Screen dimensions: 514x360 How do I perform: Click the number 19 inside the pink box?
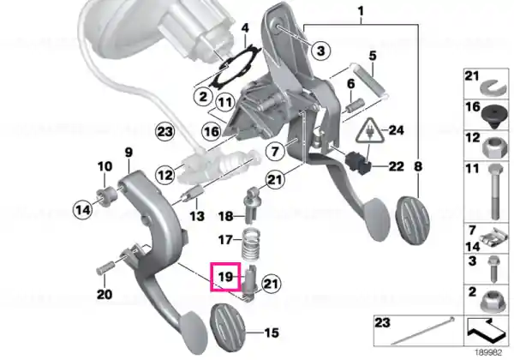click(x=225, y=277)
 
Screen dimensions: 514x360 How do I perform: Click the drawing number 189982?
click(x=488, y=353)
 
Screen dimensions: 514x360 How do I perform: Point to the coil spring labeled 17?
click(x=251, y=243)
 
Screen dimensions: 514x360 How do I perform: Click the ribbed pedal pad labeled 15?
click(x=227, y=328)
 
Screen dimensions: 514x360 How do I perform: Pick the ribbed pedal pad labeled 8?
click(x=413, y=219)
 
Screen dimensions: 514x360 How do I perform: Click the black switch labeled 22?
click(x=358, y=163)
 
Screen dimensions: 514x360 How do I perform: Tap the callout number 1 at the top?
click(x=361, y=11)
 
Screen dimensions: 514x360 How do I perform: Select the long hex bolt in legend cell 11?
click(x=494, y=192)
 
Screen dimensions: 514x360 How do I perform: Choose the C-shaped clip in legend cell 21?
click(x=494, y=87)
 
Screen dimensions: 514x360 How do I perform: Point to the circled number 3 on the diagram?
click(x=320, y=51)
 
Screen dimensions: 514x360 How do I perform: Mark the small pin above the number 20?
click(x=105, y=267)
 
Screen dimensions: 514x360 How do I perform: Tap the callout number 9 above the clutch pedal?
click(x=128, y=153)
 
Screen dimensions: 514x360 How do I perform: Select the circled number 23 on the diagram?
click(x=164, y=132)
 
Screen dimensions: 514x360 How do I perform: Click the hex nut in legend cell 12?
click(x=495, y=147)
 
